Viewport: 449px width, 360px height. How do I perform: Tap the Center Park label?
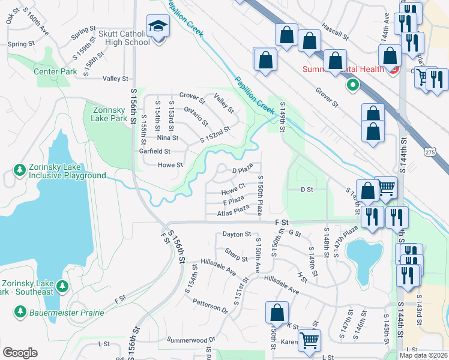(55, 72)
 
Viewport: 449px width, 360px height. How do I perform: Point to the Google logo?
(20, 353)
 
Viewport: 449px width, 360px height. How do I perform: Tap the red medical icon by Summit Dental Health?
(393, 70)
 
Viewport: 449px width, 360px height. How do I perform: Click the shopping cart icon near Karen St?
(310, 340)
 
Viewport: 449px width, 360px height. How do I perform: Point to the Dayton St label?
(236, 234)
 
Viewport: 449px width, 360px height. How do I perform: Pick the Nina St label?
(167, 137)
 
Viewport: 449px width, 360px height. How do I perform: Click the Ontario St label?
(196, 115)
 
